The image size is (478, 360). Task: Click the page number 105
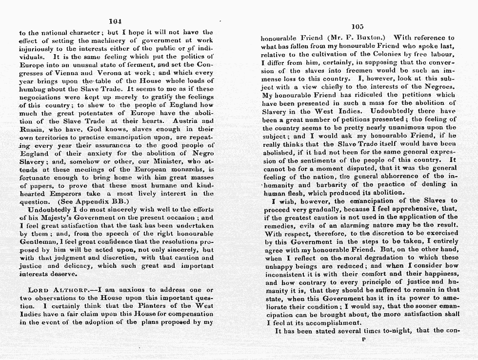pyautogui.click(x=358, y=27)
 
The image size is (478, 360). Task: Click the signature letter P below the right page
pyautogui.click(x=364, y=340)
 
